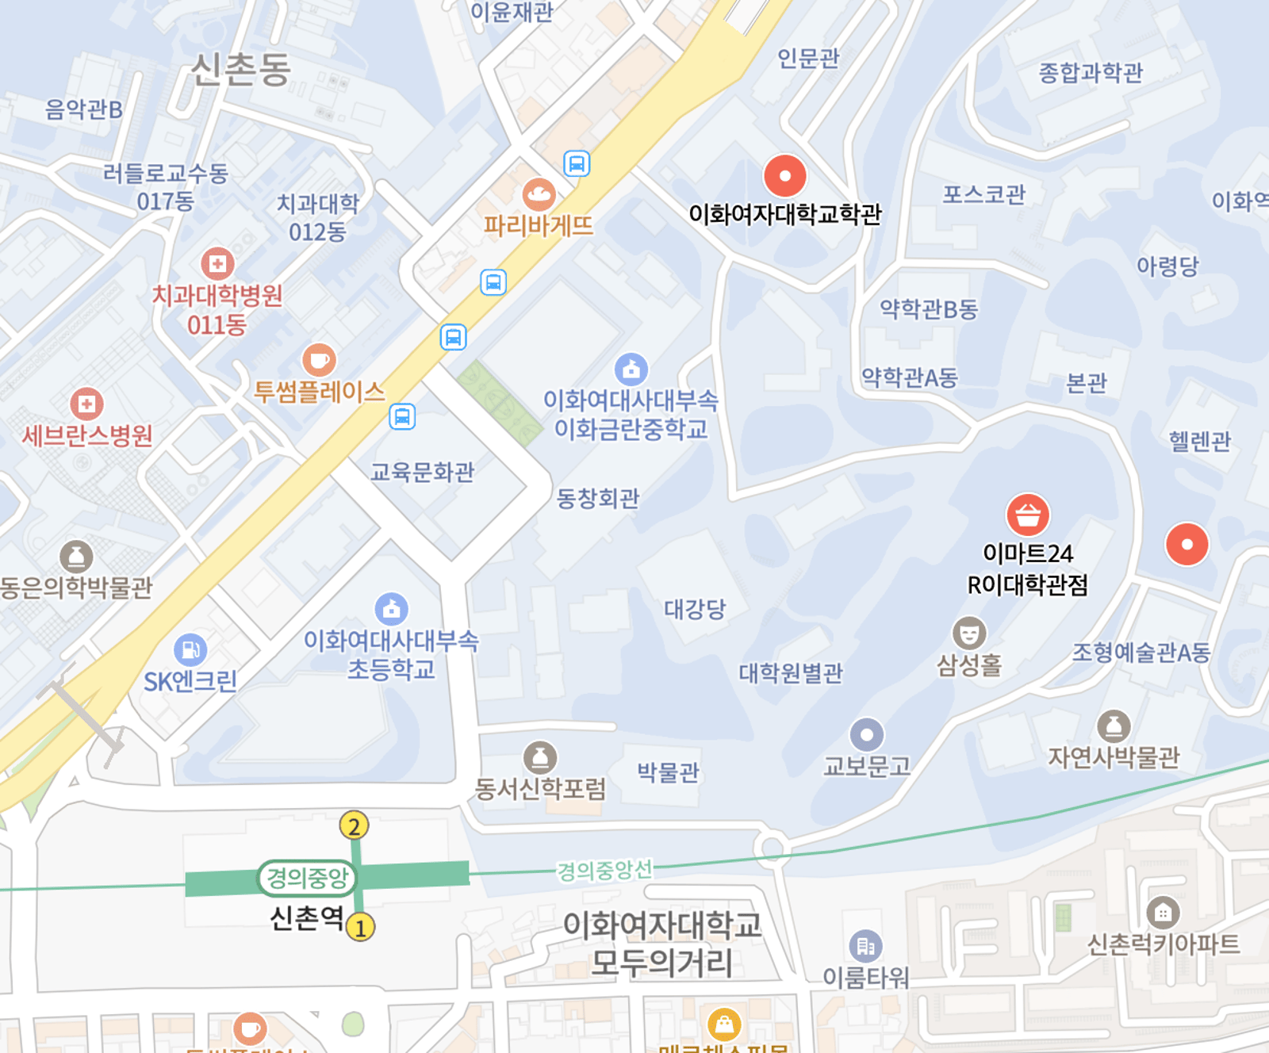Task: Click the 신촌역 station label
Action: click(307, 918)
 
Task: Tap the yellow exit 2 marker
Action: click(354, 826)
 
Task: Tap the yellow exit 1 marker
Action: click(360, 927)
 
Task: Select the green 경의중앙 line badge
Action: click(307, 878)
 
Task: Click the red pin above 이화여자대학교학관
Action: click(784, 175)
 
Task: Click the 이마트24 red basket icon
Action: click(1028, 515)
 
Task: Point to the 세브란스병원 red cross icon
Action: click(86, 404)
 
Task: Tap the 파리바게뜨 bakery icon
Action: click(539, 194)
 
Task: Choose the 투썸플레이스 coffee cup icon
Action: click(319, 361)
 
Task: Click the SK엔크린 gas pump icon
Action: click(190, 650)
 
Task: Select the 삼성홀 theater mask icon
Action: click(968, 634)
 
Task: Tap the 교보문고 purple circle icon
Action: click(867, 735)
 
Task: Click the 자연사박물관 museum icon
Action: click(1114, 726)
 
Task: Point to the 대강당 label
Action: click(695, 609)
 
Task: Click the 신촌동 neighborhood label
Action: click(241, 70)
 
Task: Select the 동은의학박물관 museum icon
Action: click(76, 557)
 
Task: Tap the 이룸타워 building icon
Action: click(865, 946)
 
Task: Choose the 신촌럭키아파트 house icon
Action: click(1163, 913)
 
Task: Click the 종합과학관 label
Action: click(1091, 73)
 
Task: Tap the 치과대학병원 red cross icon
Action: click(217, 263)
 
